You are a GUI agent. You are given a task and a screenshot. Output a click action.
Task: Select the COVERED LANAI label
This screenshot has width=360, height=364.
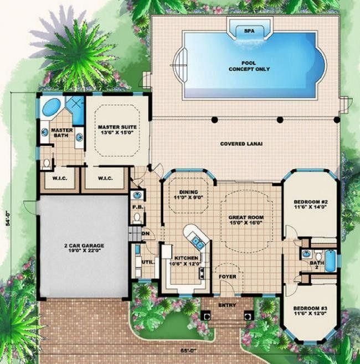coord(241,143)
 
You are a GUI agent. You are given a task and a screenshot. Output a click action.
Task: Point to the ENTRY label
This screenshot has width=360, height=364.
coord(227,305)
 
